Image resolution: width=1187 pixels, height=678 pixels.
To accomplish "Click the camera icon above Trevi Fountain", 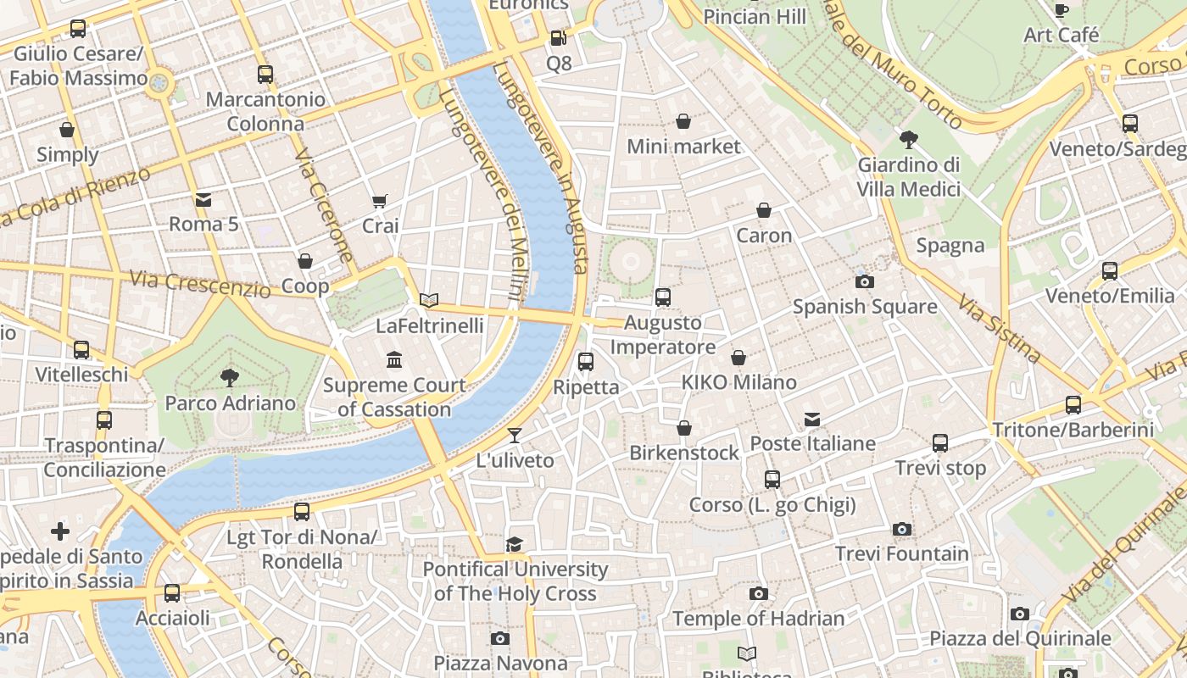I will point(902,530).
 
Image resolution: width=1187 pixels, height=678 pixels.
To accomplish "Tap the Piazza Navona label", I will point(499,662).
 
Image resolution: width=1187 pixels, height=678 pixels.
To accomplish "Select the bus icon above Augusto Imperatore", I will point(663,297).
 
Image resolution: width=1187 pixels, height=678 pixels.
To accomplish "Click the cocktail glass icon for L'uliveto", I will point(515,436).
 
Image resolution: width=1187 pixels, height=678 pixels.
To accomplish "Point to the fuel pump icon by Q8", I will point(558,38).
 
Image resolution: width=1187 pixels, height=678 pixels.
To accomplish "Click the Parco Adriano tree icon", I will point(229,378).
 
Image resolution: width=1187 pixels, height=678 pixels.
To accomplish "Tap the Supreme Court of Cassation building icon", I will point(394,360).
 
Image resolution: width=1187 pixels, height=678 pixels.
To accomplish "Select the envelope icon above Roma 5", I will point(203,200).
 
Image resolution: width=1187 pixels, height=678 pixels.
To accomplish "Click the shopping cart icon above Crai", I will point(380,202).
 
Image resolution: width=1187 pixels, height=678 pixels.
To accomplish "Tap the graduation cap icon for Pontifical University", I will point(515,544).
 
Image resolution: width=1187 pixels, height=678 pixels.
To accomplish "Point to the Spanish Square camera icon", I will point(864,281).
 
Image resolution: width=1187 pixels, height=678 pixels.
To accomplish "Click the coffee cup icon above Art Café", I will point(1061,10).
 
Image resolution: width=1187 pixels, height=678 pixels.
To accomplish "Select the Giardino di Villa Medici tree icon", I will point(908,139).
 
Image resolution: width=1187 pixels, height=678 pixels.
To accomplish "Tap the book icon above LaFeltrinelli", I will point(430,300).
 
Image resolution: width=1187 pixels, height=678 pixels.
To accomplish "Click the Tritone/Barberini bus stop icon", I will point(1073,405).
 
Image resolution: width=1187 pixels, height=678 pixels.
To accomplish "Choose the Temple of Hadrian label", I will point(758,619).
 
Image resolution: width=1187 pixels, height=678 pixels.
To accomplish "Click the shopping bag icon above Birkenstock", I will point(684,428).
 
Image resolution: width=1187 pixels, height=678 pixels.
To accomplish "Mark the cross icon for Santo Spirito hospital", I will point(60,531).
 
